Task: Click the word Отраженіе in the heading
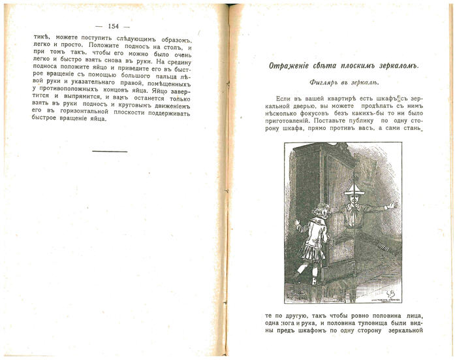[x=290, y=66]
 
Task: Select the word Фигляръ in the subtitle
[x=326, y=83]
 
